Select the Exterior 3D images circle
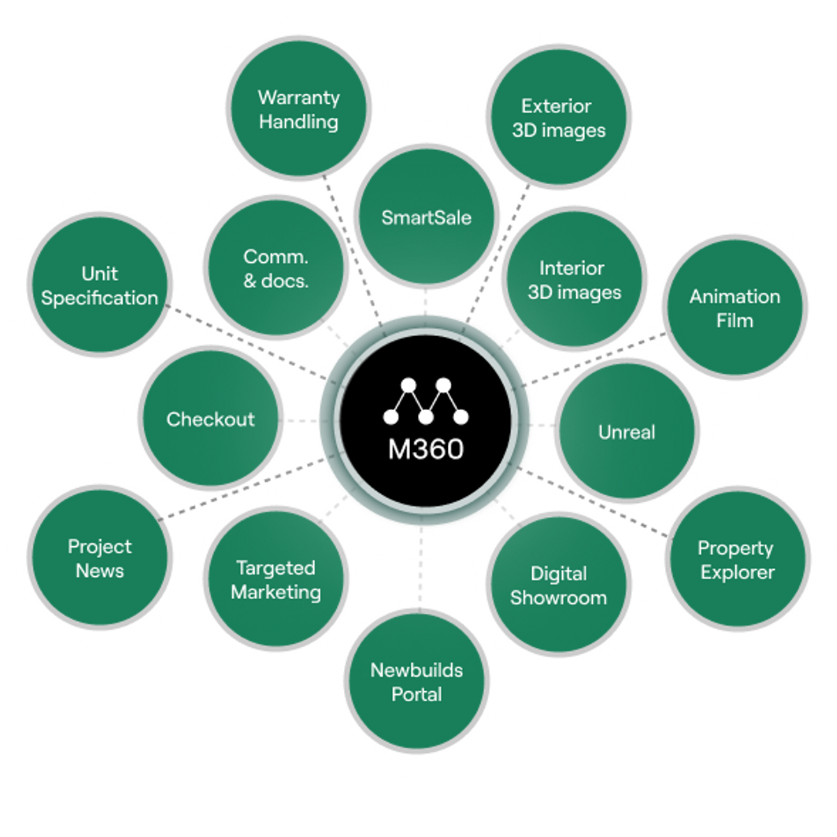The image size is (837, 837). [x=558, y=118]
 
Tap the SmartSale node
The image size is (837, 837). [x=426, y=217]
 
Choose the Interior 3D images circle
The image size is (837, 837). [x=573, y=280]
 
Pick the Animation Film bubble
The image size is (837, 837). [x=734, y=308]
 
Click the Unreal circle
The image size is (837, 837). [x=627, y=432]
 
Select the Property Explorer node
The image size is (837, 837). [x=737, y=560]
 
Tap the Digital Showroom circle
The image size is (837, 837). [x=558, y=585]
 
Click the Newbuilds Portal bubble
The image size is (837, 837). [x=416, y=682]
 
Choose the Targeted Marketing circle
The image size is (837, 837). [x=276, y=580]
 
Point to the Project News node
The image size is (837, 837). [x=100, y=558]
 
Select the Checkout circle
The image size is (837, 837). [x=210, y=419]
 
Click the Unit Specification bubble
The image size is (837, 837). [x=100, y=285]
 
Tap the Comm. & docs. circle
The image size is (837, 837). [x=276, y=268]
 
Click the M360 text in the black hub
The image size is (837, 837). [x=425, y=449]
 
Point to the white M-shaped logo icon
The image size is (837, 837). [x=425, y=402]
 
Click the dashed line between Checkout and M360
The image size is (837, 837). [x=307, y=421]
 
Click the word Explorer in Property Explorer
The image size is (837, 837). [x=737, y=573]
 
